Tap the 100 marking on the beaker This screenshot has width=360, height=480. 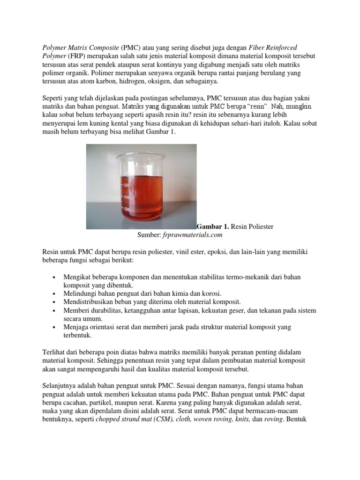coord(126,209)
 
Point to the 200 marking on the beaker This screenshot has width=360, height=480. coord(126,197)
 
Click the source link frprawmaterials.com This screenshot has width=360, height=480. coord(193,235)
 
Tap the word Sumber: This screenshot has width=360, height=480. coord(149,235)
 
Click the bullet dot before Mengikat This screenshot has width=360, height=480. coord(55,277)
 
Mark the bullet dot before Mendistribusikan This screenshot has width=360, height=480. coord(55,301)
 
